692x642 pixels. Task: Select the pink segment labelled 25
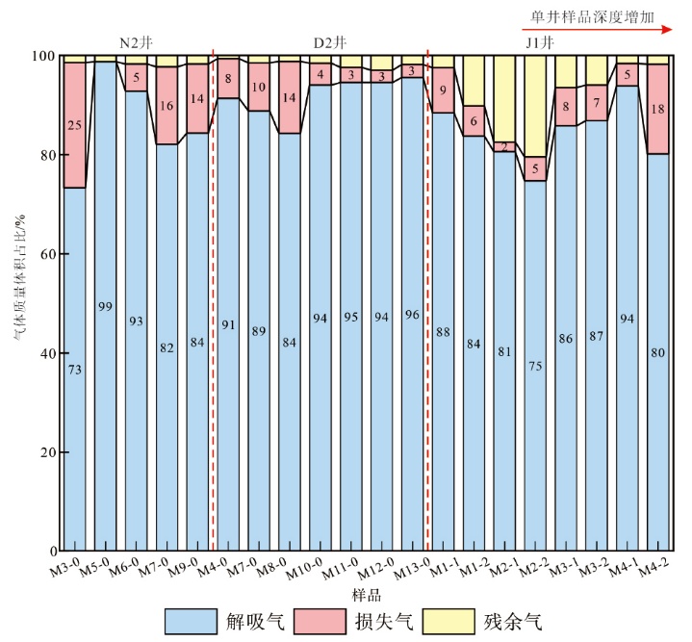[74, 125]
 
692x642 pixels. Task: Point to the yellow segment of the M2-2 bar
[535, 106]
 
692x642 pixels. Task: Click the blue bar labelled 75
[535, 366]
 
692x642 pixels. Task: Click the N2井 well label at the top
[135, 43]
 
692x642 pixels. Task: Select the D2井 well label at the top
[331, 43]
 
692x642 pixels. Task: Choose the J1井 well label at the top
[539, 43]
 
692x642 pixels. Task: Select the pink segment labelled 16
[167, 106]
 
